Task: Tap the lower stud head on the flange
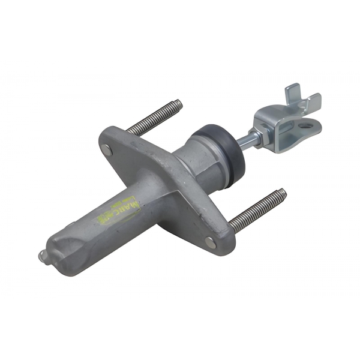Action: pos(209,242)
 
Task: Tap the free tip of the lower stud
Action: pos(283,193)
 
